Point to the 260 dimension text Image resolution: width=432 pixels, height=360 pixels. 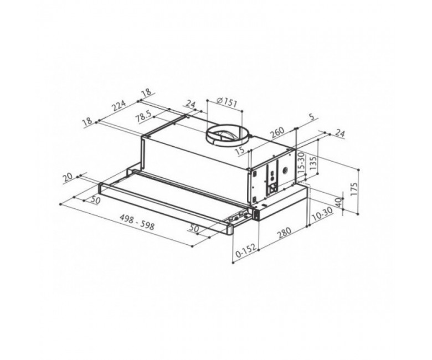pyautogui.click(x=277, y=132)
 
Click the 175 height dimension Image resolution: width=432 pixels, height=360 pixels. pyautogui.click(x=354, y=189)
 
